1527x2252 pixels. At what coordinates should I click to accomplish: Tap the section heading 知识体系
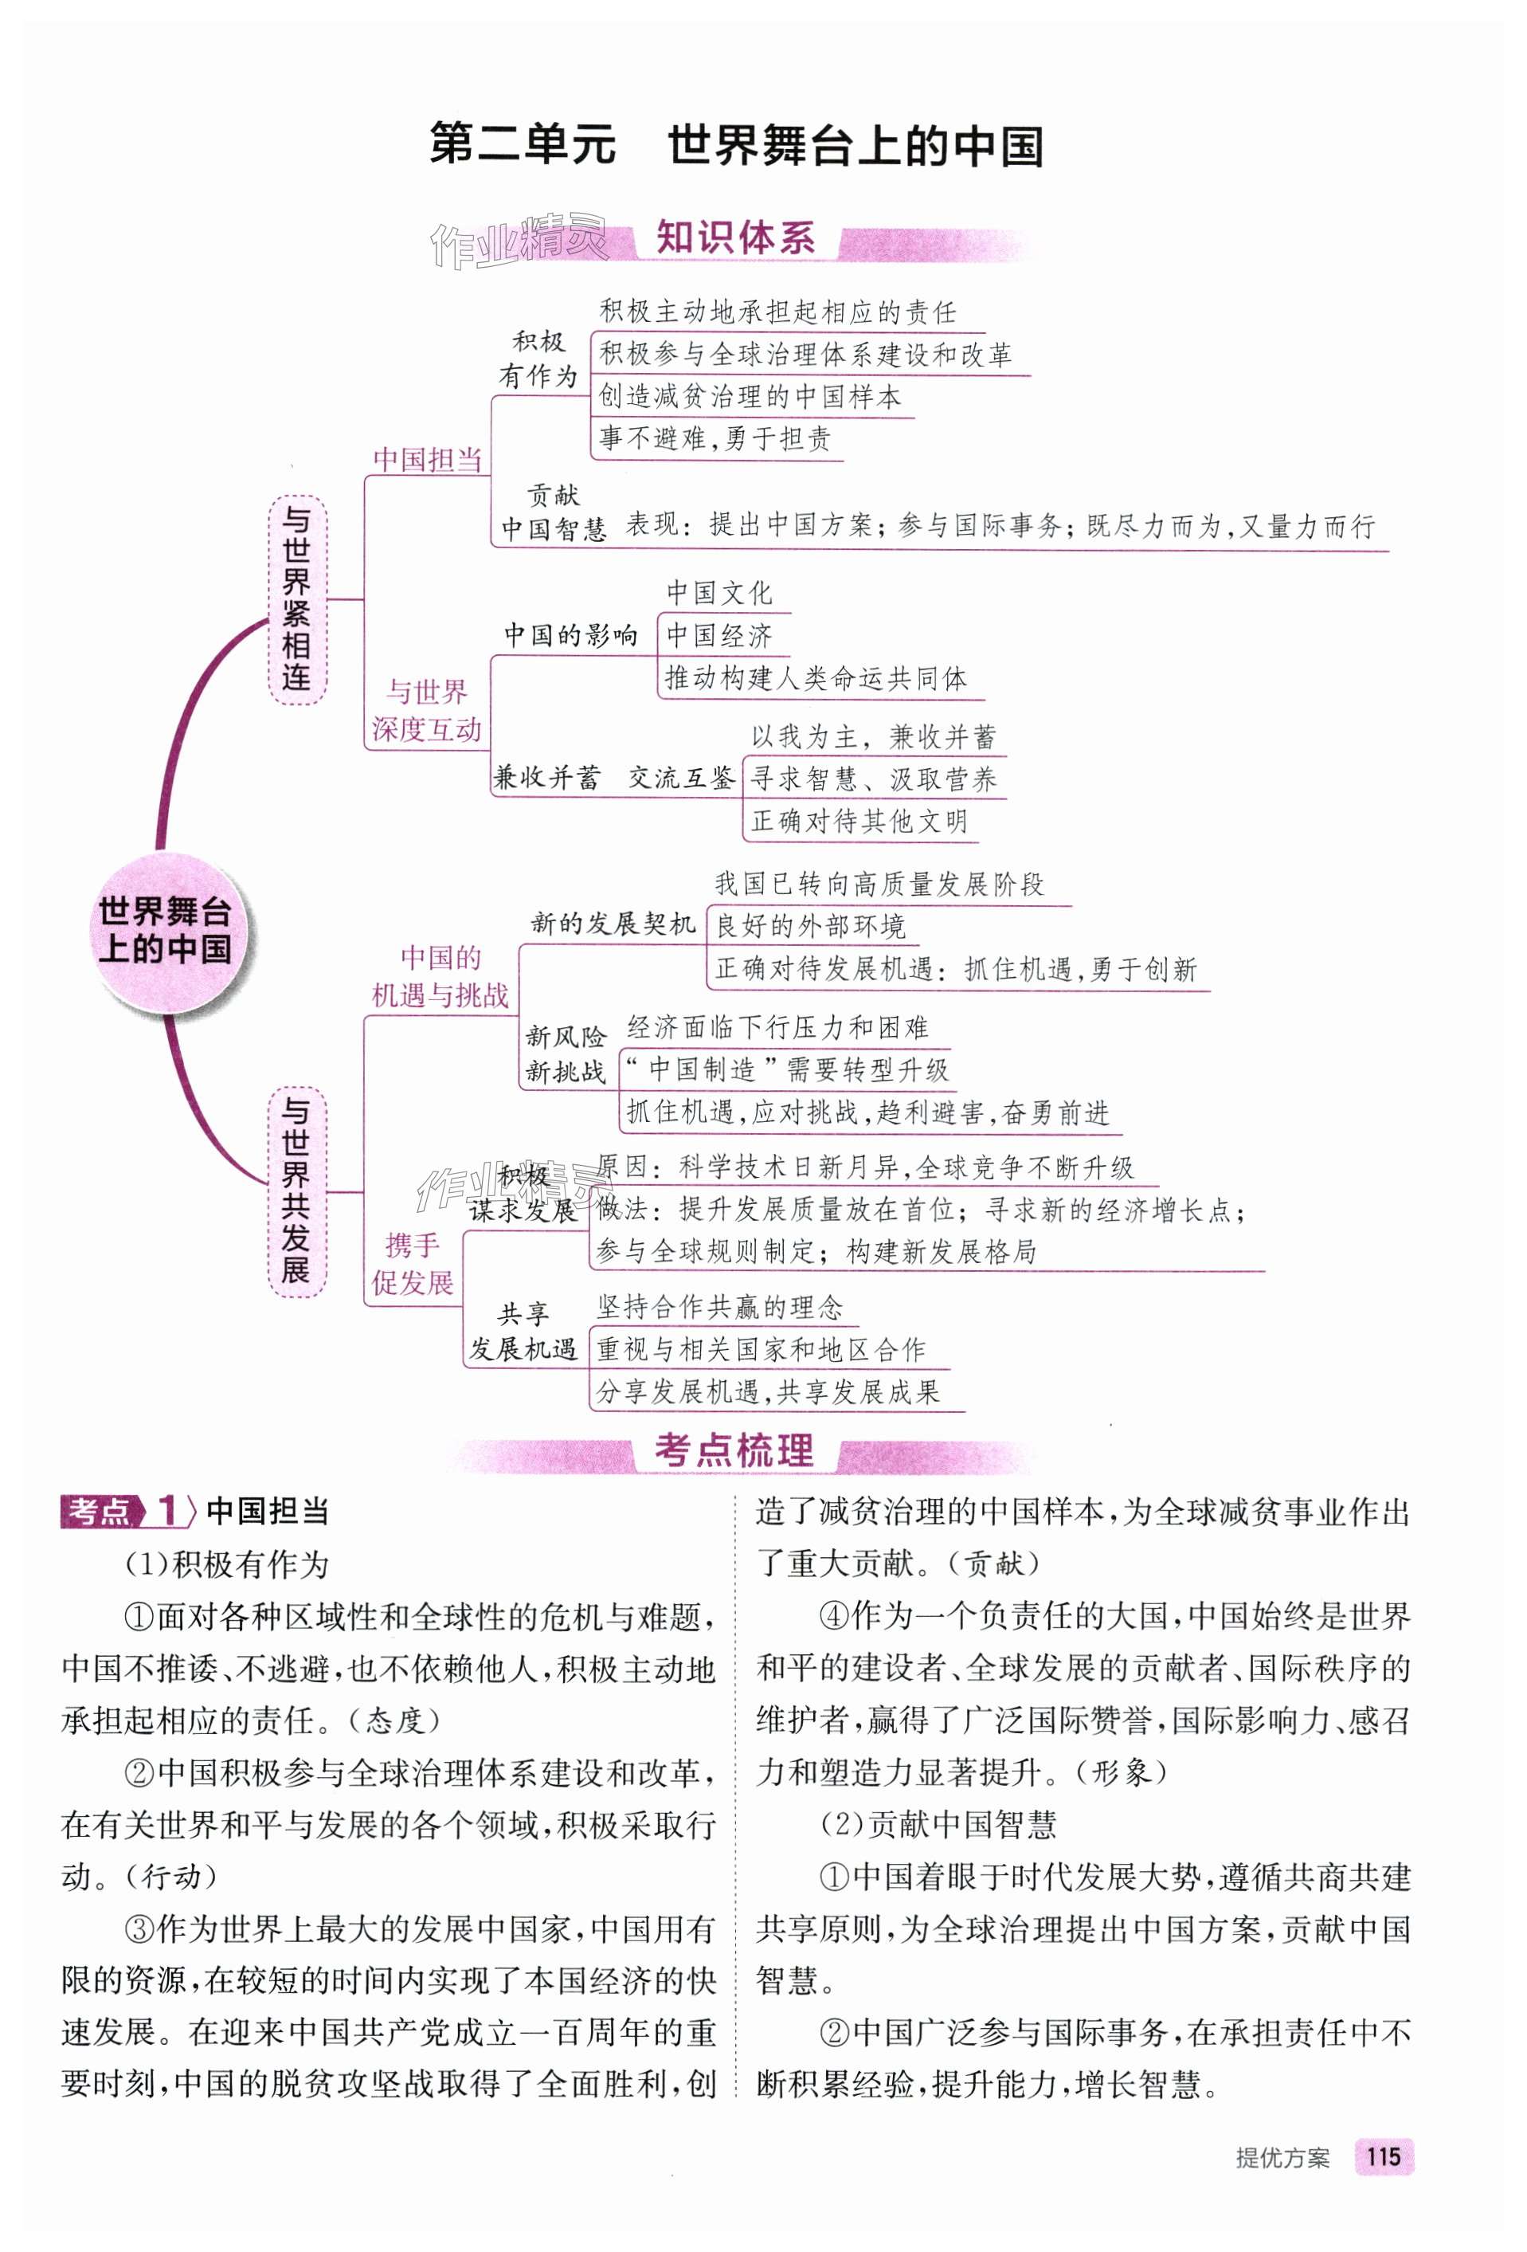click(735, 238)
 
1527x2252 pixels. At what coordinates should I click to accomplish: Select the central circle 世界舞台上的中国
click(165, 930)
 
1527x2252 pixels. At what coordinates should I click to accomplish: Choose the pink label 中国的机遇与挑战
click(440, 976)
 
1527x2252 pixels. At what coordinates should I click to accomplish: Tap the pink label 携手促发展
click(413, 1264)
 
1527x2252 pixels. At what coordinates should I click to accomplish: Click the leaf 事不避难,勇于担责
click(715, 439)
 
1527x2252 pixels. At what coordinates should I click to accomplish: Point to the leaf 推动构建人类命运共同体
click(816, 678)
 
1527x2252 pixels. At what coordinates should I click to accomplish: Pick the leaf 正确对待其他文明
click(859, 822)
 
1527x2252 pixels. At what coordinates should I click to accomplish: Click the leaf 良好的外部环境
click(810, 927)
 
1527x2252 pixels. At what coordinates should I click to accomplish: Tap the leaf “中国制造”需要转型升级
click(787, 1069)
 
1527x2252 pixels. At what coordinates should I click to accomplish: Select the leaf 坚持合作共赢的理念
click(720, 1307)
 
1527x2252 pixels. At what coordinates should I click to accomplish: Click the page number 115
click(1383, 2156)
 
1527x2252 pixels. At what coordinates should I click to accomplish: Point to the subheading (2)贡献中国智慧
click(937, 1825)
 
